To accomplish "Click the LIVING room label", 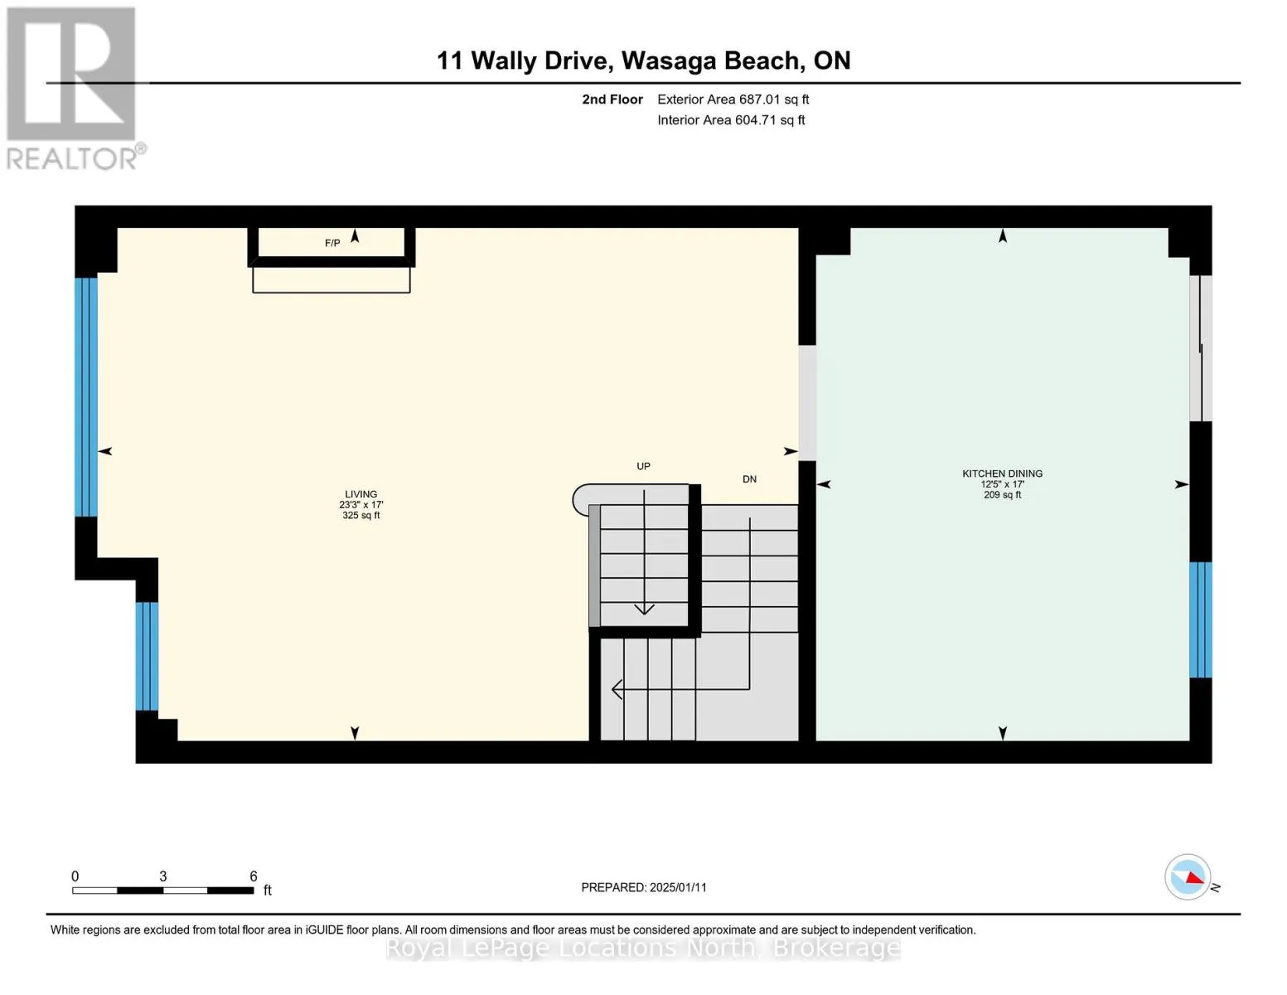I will tap(360, 494).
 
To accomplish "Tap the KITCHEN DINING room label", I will tap(1002, 473).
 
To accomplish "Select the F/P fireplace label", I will tap(331, 243).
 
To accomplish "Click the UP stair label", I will tap(643, 466).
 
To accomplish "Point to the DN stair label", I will tap(749, 479).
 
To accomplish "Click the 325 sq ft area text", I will tap(360, 516).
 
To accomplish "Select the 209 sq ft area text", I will tap(1002, 495).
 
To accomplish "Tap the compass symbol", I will tap(1188, 877).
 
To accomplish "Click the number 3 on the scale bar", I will tap(163, 876).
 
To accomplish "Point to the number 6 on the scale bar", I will tap(254, 876).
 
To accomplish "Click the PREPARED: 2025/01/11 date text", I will tap(644, 887).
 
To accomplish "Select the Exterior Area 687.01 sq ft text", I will tap(733, 99).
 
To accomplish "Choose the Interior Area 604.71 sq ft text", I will tap(731, 120).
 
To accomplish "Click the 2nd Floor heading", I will tap(612, 99).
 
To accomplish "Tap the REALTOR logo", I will tap(73, 87).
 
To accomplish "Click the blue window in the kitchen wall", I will tap(1200, 619).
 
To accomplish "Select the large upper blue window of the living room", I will tap(86, 396).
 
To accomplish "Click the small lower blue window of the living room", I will tap(147, 656).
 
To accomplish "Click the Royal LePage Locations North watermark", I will tap(643, 948).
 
